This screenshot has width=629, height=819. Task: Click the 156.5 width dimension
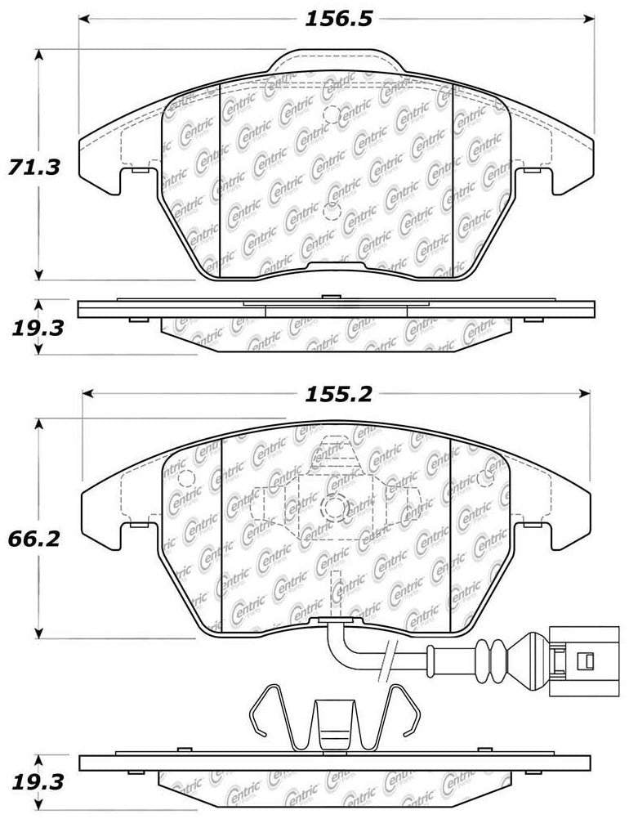coord(333,19)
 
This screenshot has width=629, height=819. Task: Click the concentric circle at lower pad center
coord(335,508)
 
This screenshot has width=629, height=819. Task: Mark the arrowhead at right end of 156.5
coord(589,19)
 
